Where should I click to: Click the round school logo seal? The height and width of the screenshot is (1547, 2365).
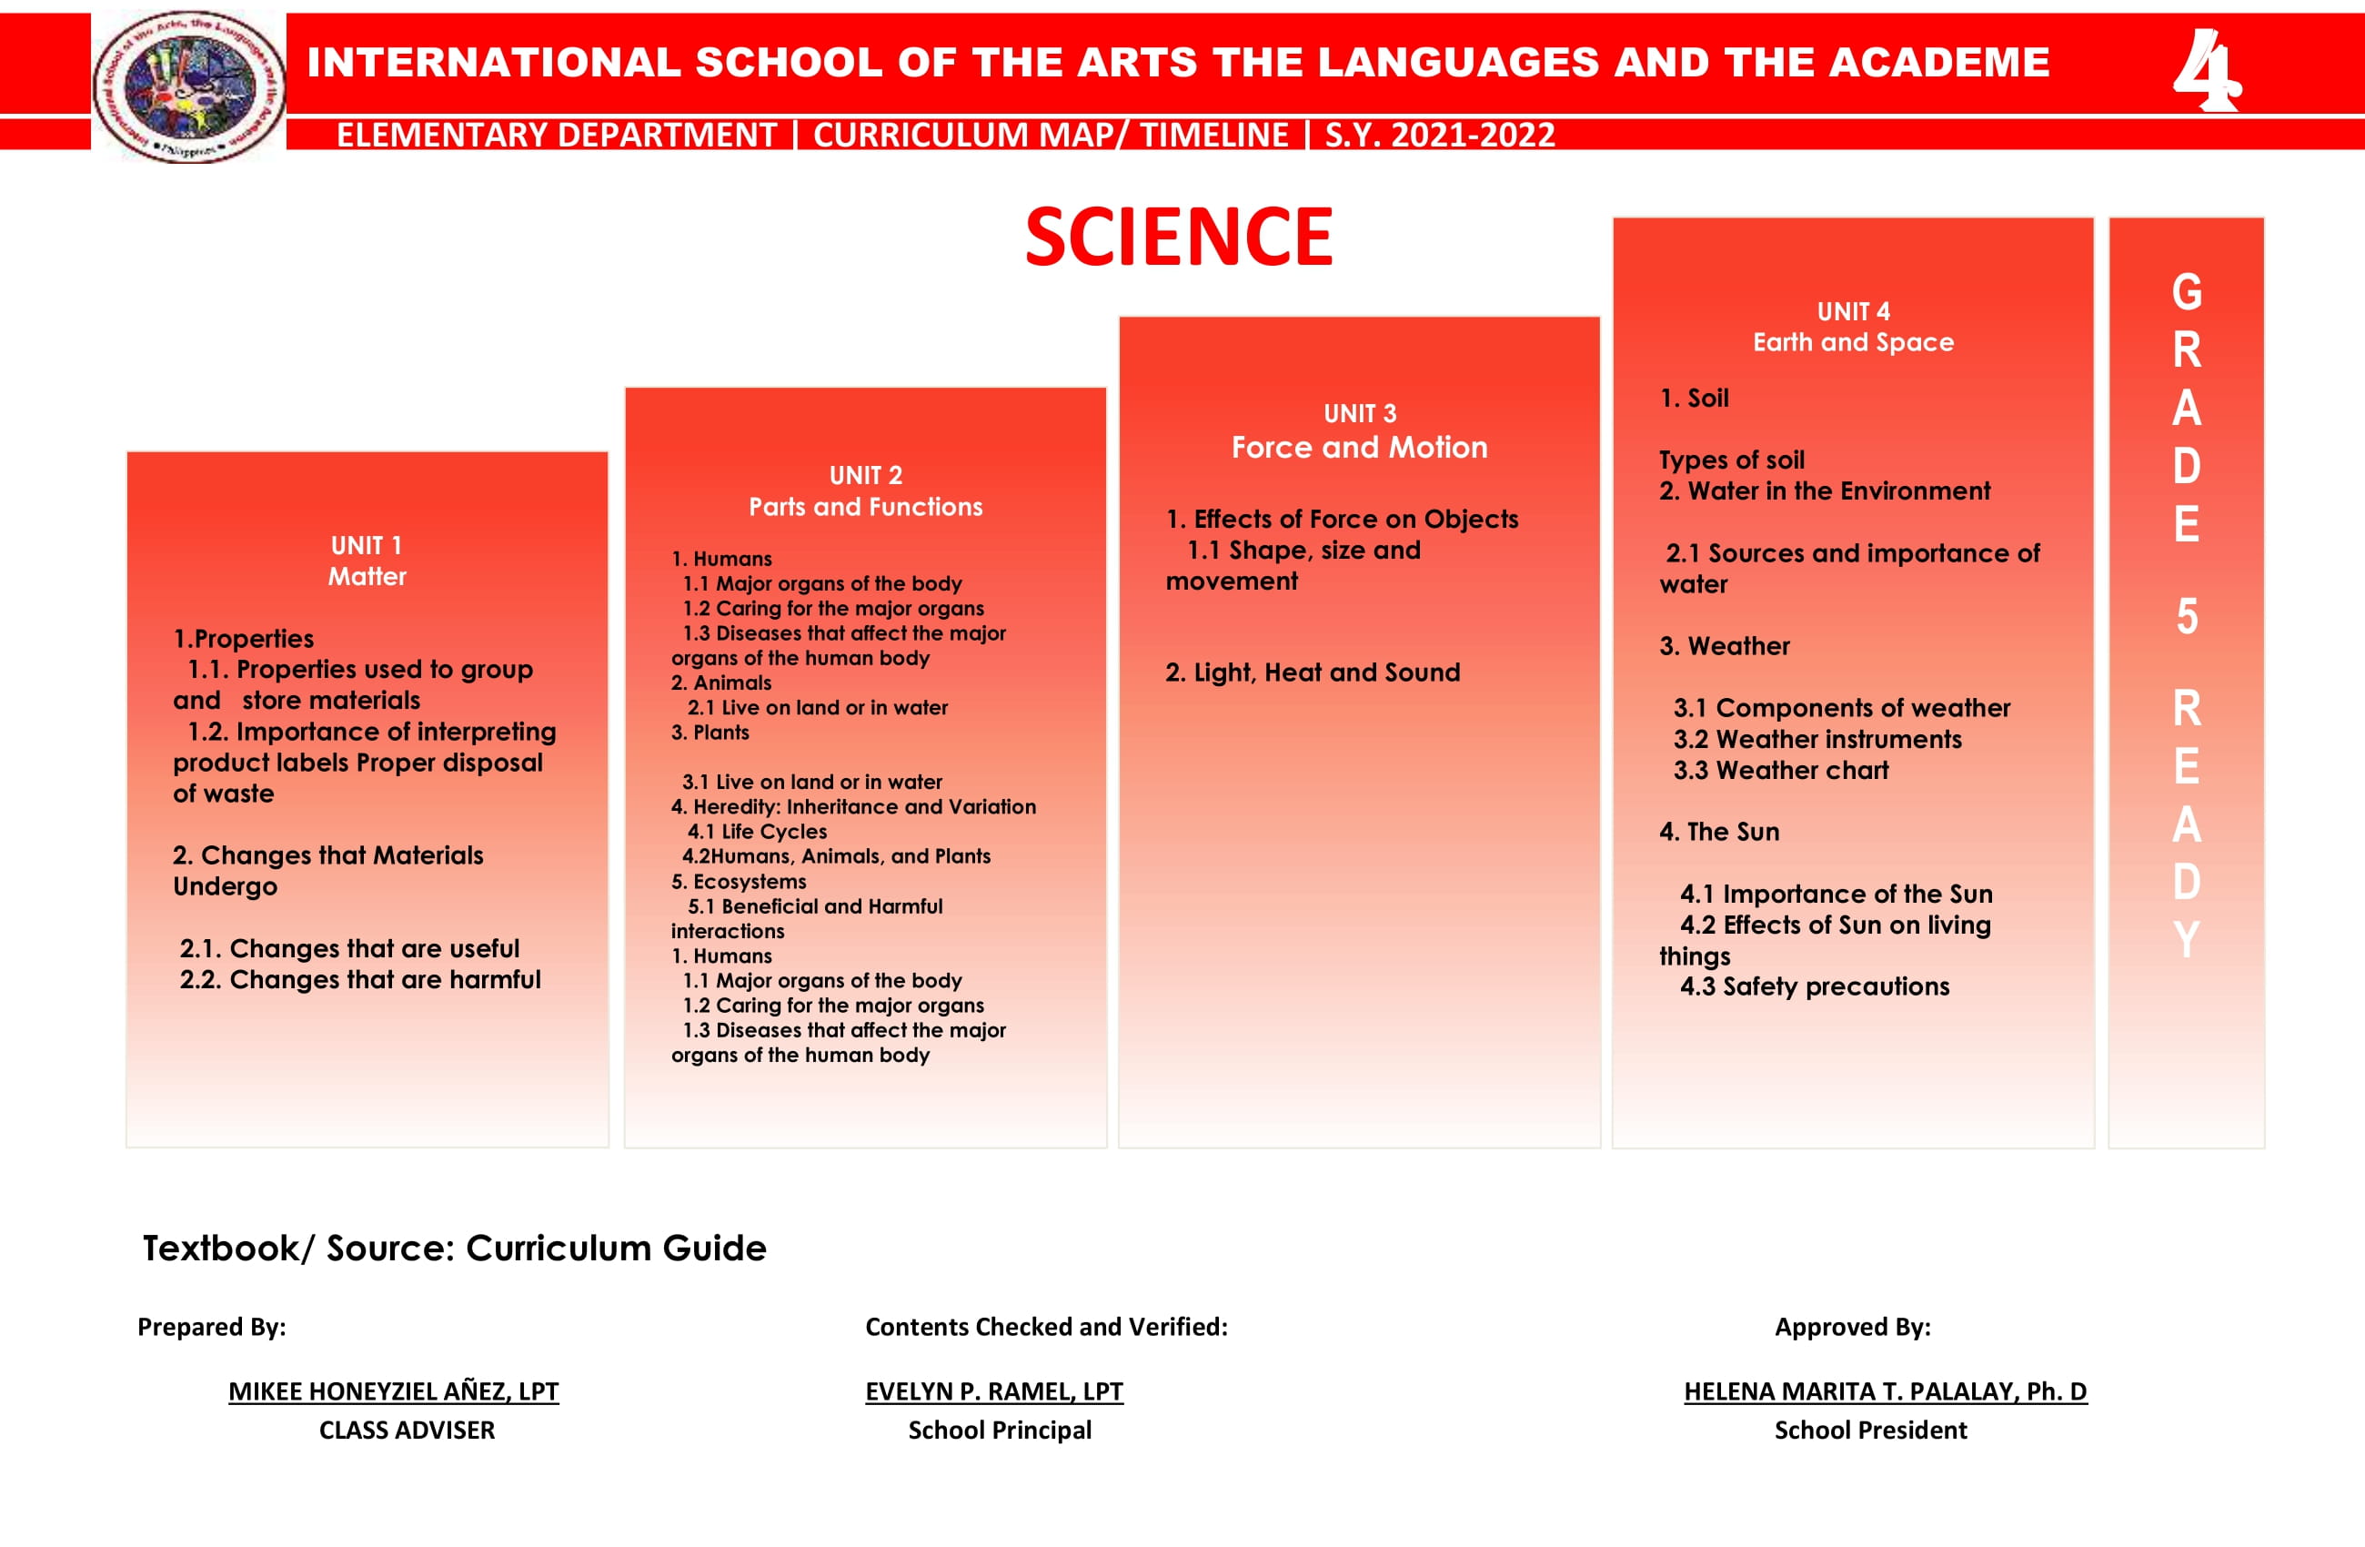[189, 86]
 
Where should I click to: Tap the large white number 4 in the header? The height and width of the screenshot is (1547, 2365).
[2206, 69]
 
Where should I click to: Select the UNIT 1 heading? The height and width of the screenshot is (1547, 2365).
[367, 546]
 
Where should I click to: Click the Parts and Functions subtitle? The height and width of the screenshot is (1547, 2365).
[866, 507]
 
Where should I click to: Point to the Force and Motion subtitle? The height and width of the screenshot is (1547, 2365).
[1359, 448]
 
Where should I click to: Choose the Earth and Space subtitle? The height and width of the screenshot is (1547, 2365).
[1853, 342]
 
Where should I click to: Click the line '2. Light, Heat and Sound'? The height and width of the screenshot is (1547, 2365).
[1313, 673]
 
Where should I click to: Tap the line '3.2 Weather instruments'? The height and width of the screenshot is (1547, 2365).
[1817, 740]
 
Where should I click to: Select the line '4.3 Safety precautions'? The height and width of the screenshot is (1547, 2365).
[1815, 987]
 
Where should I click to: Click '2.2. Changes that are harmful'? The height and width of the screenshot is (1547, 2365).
[359, 980]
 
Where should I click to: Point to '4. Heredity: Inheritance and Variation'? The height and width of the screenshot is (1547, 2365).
[853, 807]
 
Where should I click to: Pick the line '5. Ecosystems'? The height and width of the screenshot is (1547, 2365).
[739, 882]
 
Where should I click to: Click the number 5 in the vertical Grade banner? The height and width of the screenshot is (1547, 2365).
[2187, 617]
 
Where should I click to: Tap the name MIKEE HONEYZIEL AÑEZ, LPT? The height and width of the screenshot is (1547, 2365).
[394, 1390]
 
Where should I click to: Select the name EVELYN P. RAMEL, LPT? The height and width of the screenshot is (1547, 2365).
[993, 1390]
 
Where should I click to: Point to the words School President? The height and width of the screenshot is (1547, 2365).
[1870, 1430]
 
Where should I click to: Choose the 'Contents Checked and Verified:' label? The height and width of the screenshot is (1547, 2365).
[1046, 1326]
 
